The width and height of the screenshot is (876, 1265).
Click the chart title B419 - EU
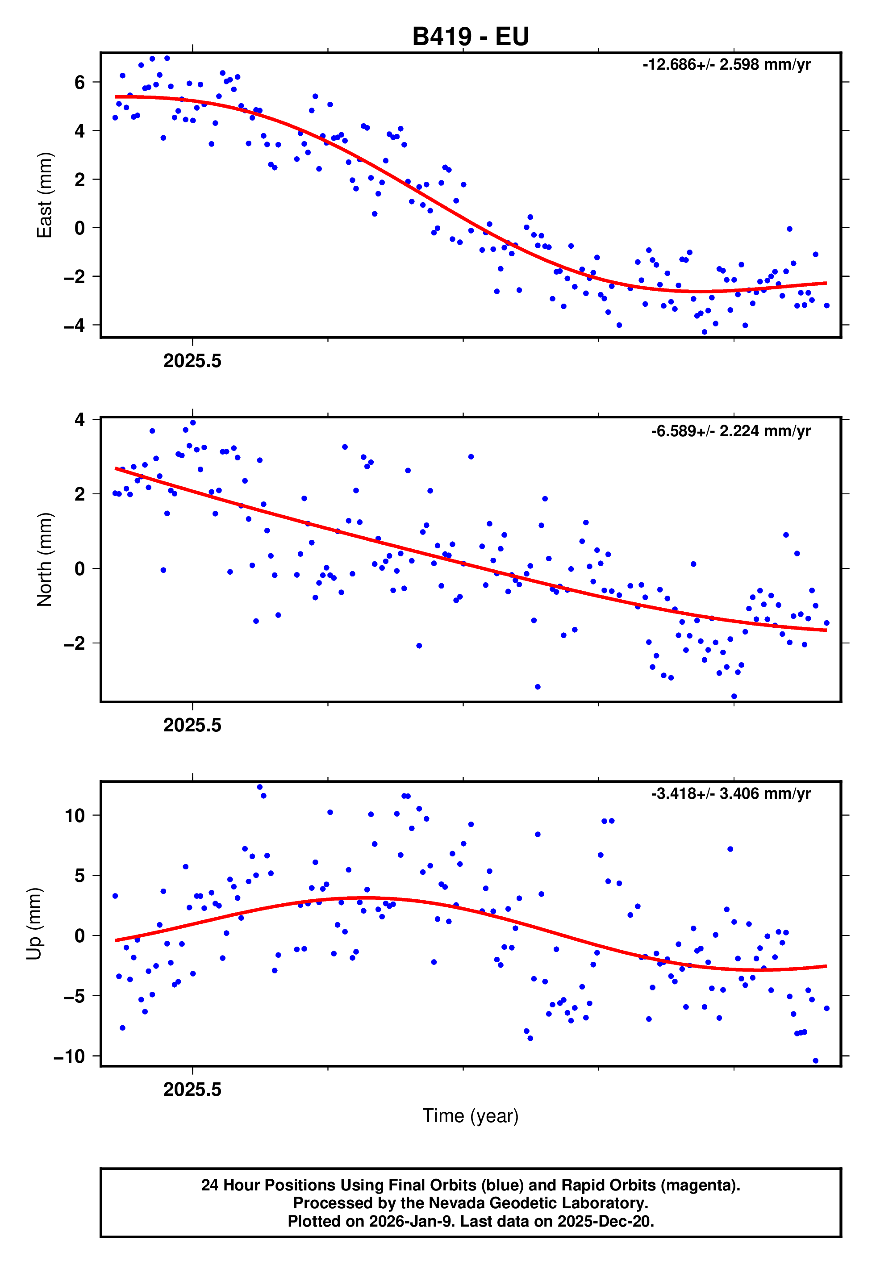[471, 37]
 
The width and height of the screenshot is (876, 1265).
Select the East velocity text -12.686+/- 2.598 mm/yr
[726, 65]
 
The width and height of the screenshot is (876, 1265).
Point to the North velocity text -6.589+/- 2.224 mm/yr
[730, 431]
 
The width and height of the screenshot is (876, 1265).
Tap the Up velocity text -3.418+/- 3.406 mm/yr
[730, 793]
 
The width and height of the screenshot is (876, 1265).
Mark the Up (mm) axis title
[34, 924]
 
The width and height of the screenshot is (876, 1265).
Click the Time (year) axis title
[471, 1116]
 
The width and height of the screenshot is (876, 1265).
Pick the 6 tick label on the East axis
[80, 83]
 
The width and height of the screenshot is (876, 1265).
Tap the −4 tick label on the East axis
[75, 326]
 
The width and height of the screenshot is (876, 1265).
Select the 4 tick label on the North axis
[80, 420]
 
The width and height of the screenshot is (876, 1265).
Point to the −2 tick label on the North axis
[75, 643]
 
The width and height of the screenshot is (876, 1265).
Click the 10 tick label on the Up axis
[75, 815]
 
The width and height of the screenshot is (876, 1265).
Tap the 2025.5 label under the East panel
[192, 361]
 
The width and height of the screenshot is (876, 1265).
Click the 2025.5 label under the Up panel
[192, 1090]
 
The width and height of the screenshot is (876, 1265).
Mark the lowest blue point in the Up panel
[815, 1061]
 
